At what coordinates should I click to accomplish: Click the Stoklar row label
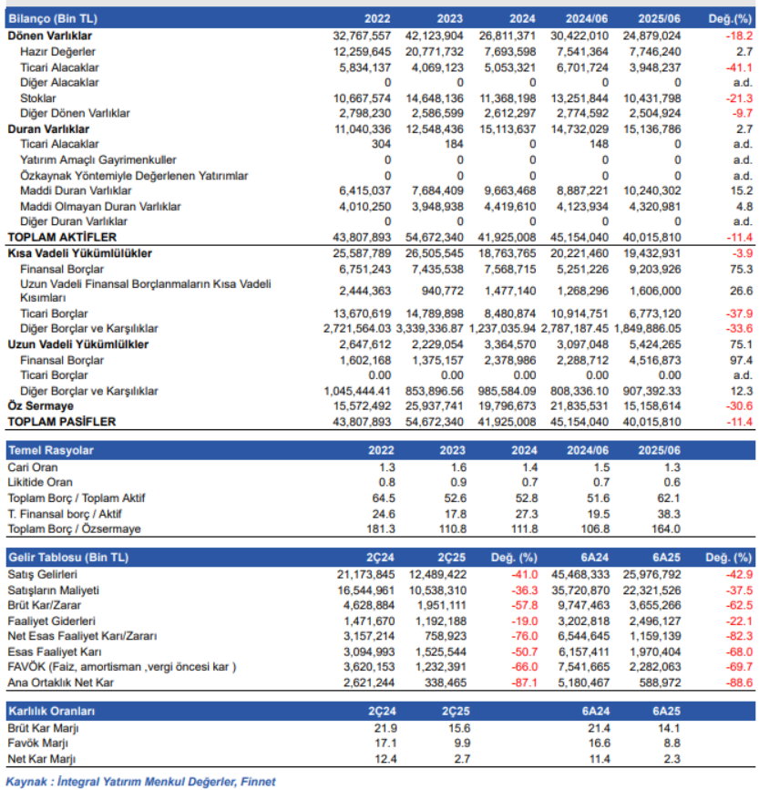[37, 97]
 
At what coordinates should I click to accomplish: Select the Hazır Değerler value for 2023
[436, 52]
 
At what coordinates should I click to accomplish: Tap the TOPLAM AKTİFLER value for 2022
[363, 237]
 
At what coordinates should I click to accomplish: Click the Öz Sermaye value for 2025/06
[652, 406]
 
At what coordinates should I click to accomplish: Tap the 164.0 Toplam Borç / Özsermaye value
[669, 528]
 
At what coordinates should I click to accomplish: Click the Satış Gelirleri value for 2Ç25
[439, 574]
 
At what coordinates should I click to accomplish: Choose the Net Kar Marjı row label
[42, 758]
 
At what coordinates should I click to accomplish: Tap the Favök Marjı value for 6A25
[672, 743]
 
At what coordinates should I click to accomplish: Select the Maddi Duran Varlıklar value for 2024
[508, 190]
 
